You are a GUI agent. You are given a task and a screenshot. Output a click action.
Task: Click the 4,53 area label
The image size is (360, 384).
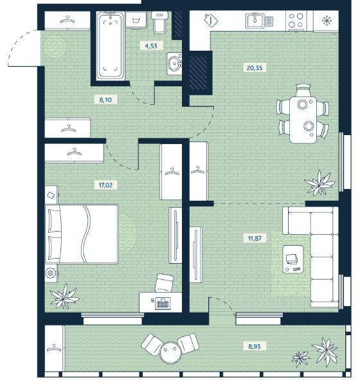click(151, 46)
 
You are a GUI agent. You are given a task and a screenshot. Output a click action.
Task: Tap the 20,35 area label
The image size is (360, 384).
click(255, 68)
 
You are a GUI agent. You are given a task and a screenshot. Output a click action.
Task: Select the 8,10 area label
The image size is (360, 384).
click(105, 100)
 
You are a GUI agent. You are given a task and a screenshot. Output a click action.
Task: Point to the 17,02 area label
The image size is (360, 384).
click(105, 185)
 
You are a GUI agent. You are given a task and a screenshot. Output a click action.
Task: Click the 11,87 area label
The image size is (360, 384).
click(255, 238)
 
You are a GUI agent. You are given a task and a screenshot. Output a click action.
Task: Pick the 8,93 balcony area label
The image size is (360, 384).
click(255, 346)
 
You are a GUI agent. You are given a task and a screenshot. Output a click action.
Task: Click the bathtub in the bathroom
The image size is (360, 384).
click(110, 46)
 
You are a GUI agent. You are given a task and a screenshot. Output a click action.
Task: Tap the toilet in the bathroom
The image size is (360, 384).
click(160, 22)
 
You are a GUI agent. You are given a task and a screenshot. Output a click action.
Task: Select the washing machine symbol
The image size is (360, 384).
click(136, 19)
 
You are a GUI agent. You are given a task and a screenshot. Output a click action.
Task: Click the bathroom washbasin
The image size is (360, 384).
click(175, 63)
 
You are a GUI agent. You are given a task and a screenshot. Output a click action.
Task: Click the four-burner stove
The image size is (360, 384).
click(296, 21)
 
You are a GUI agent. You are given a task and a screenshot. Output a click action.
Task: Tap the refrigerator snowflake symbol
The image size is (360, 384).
click(326, 21)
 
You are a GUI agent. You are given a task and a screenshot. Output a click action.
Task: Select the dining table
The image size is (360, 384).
click(303, 120)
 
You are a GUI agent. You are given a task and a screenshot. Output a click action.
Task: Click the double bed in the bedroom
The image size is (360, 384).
click(82, 234)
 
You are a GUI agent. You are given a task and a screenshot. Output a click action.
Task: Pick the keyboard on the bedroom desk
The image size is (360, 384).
click(163, 304)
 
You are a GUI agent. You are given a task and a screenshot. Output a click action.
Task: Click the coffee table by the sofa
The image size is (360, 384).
click(293, 259)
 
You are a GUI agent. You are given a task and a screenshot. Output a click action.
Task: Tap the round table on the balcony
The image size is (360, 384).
click(170, 352)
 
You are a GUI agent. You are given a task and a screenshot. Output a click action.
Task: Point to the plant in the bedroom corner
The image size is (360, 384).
click(64, 297)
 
